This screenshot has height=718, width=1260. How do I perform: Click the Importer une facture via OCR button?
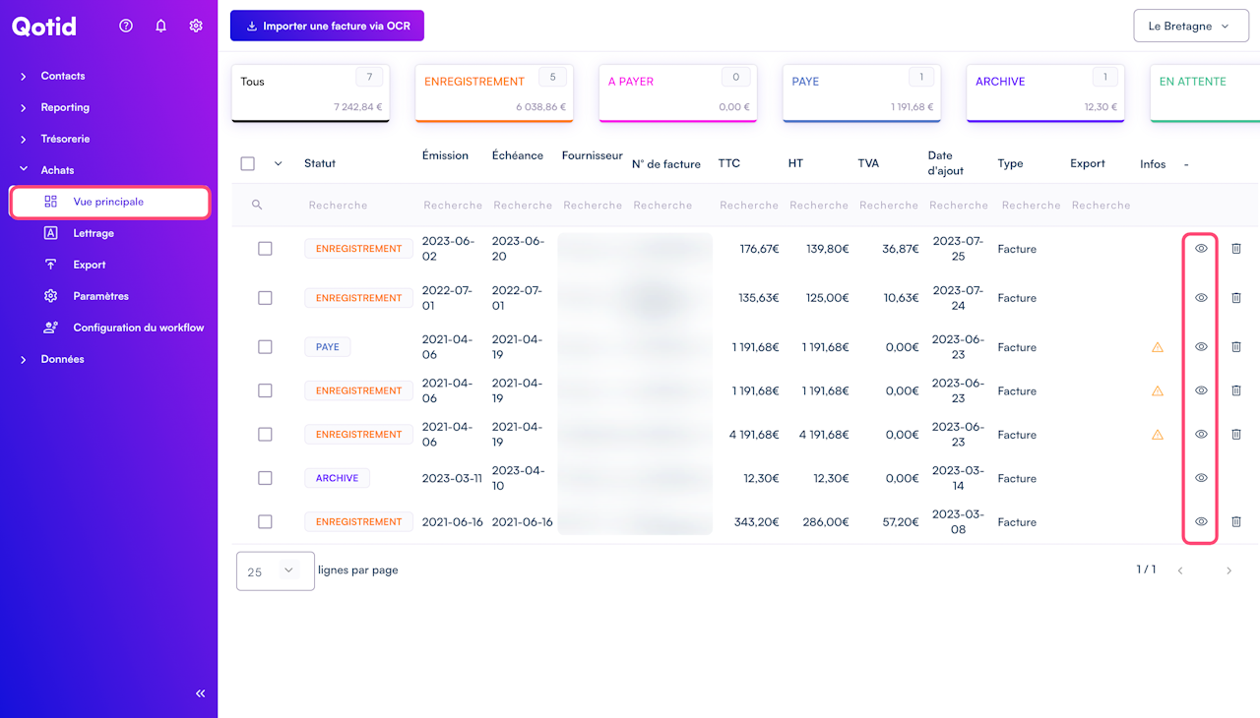tap(327, 26)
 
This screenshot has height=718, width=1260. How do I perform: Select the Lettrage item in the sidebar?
tap(94, 233)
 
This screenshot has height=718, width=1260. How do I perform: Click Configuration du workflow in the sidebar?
tap(138, 328)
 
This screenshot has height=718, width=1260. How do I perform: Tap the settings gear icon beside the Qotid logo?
tap(196, 26)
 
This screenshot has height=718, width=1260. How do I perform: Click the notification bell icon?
tap(161, 26)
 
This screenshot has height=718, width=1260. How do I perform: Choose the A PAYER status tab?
tap(677, 93)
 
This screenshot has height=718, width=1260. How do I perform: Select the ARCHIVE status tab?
tap(1045, 93)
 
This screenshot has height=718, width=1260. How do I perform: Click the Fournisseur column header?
tap(592, 155)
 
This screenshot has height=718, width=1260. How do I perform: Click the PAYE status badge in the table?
tap(328, 347)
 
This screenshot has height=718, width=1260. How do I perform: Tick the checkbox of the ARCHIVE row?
tap(265, 478)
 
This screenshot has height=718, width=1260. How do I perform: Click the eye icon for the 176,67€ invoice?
tap(1201, 249)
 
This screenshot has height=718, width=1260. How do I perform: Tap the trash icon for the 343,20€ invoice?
tap(1236, 521)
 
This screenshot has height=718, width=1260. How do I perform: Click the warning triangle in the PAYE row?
tap(1158, 347)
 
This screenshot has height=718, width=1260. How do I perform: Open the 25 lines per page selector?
tap(276, 570)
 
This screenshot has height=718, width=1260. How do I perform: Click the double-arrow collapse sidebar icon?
tap(201, 693)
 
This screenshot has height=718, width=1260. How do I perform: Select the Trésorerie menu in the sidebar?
tap(65, 139)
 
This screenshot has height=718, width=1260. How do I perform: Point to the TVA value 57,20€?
tap(901, 522)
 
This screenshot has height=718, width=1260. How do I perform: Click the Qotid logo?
tap(44, 27)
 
